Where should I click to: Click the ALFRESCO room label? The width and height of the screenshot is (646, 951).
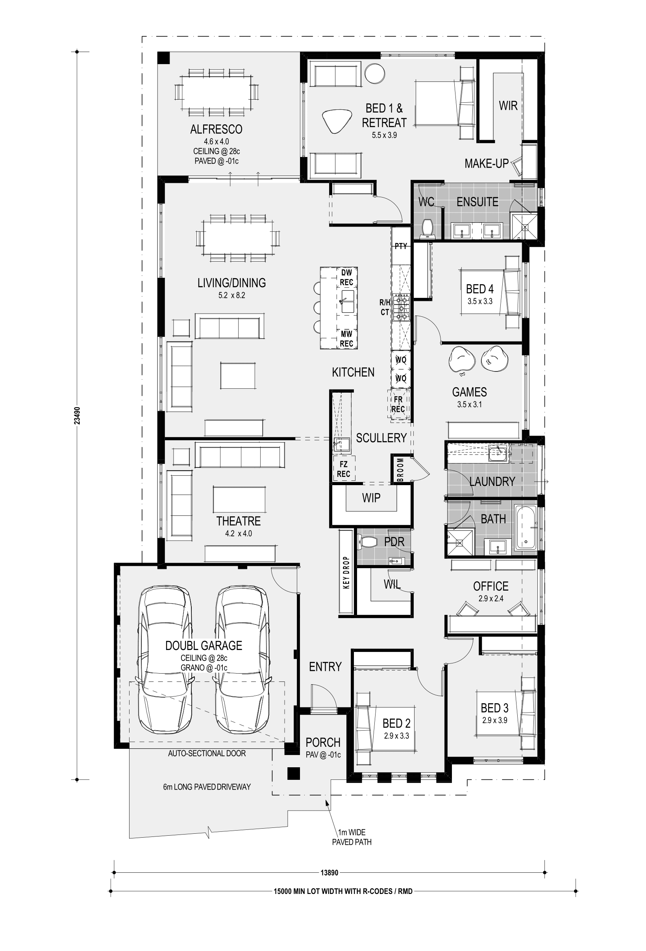pos(216,129)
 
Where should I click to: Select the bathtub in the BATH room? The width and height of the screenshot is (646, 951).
pos(526,528)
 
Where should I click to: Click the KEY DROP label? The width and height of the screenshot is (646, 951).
pos(346,572)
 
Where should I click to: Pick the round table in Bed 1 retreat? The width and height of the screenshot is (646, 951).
pos(374,74)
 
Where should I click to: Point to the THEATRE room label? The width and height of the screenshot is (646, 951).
pos(238,521)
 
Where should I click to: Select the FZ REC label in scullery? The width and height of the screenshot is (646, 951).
pos(343,469)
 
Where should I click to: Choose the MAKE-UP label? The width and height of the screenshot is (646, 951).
pos(486,164)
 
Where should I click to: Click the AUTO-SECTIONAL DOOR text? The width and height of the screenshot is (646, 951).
pos(207,753)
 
